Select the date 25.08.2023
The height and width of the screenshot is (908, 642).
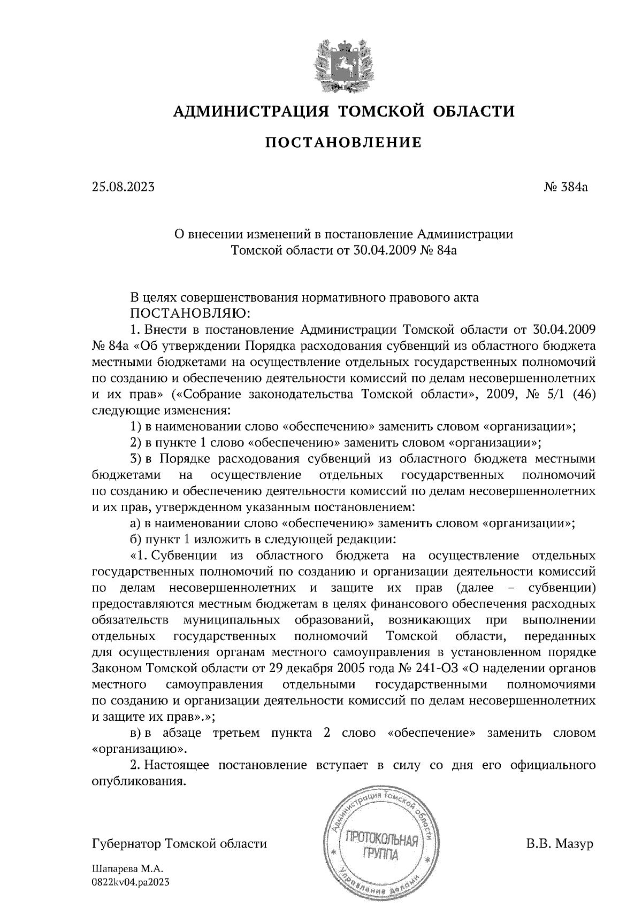123,188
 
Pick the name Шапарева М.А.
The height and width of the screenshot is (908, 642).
126,869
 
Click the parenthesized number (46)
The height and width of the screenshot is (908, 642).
583,395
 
